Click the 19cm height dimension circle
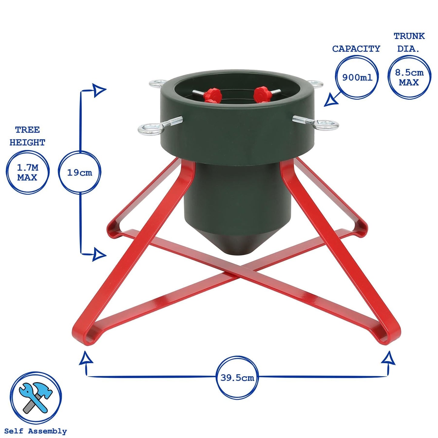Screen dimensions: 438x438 (79, 172)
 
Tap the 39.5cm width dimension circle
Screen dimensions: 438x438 (237, 377)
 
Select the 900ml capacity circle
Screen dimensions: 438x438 (357, 77)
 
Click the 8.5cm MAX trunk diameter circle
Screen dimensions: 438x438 (409, 77)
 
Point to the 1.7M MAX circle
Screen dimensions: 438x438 (27, 172)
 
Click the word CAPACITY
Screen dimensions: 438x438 (356, 49)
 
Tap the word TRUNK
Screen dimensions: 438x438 (409, 36)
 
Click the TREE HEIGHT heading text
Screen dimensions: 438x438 (27, 136)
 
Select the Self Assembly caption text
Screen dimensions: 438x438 (35, 431)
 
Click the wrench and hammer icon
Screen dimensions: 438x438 (36, 398)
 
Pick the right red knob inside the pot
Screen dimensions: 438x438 (262, 95)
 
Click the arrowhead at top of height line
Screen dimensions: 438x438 (99, 90)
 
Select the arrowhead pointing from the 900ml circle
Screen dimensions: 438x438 (331, 101)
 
